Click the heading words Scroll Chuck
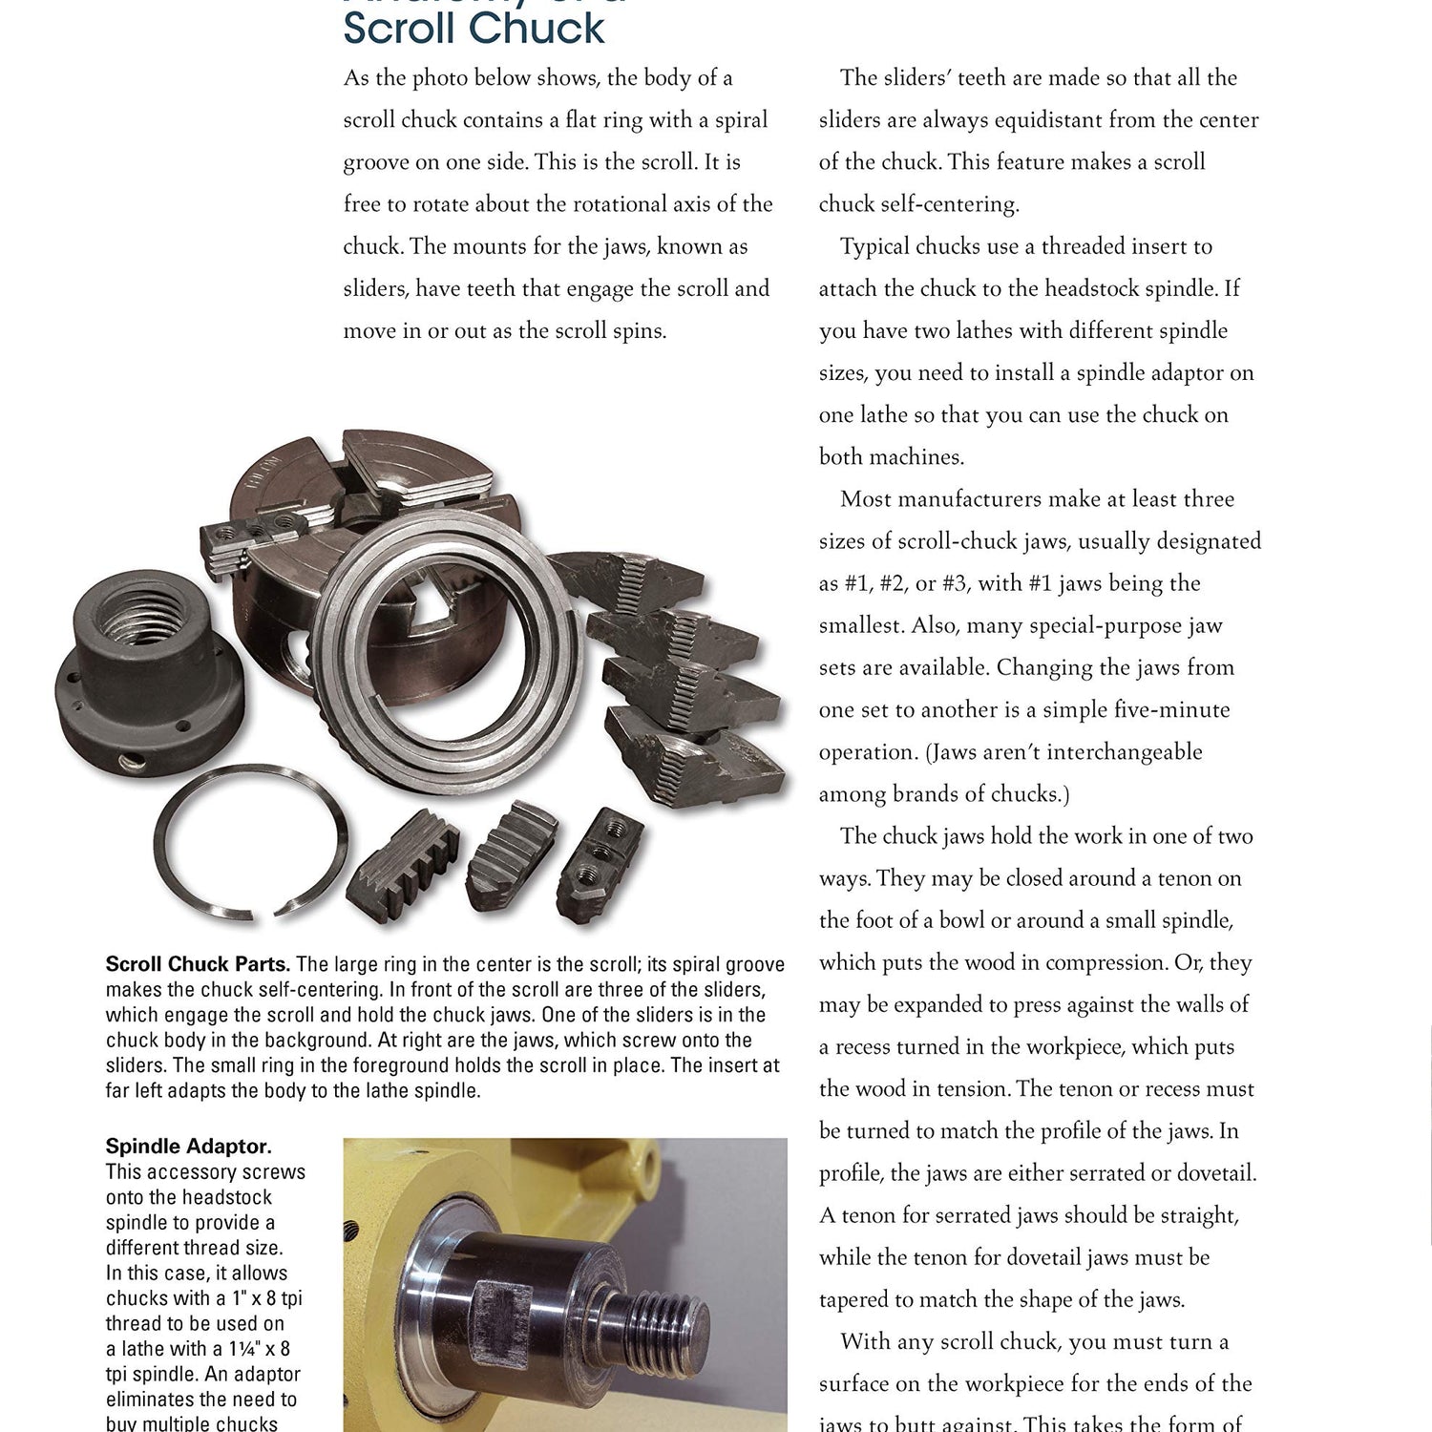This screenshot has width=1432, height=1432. pyautogui.click(x=474, y=29)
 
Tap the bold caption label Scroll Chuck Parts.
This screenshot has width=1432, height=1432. pyautogui.click(x=198, y=964)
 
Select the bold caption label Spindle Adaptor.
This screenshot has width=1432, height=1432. pyautogui.click(x=188, y=1146)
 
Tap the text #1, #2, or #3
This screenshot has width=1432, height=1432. pyautogui.click(x=937, y=583)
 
